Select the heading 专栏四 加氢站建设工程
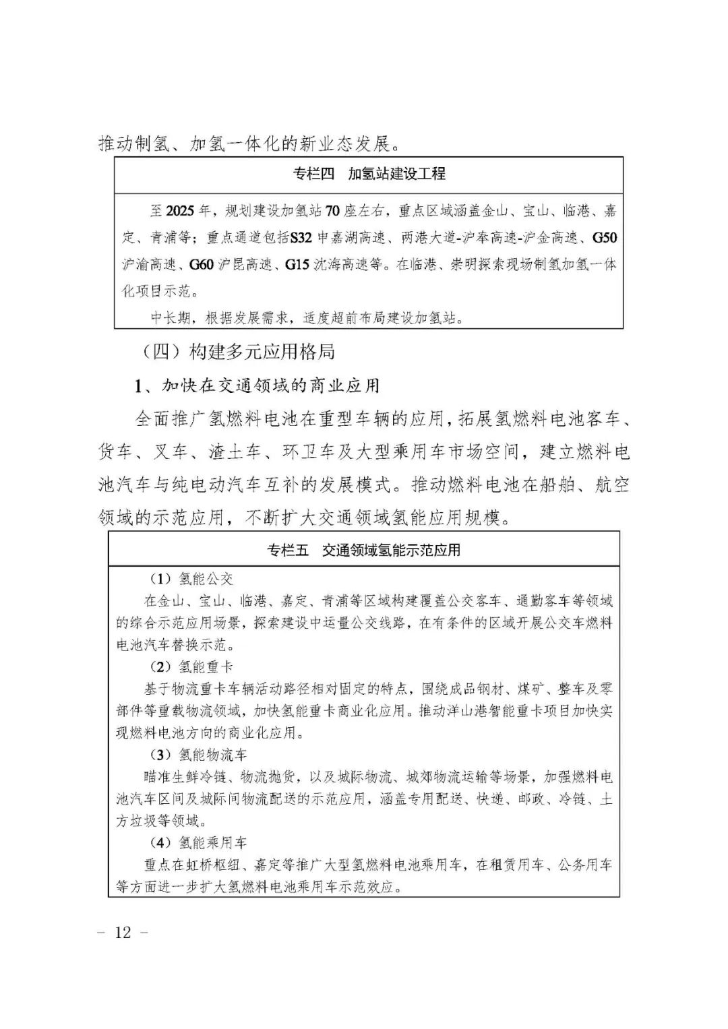[x=369, y=174]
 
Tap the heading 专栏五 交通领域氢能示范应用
[x=363, y=550]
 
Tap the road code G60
[x=202, y=265]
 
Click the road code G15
[x=298, y=265]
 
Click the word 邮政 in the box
[x=531, y=799]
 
